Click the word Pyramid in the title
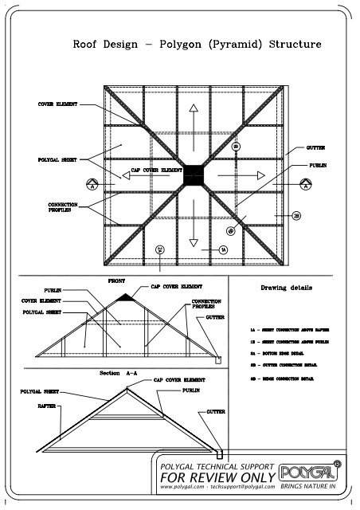click(230, 45)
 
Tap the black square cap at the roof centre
click(194, 175)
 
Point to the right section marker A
click(305, 183)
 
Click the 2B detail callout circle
click(295, 216)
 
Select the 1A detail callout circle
click(224, 249)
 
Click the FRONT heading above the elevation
click(116, 280)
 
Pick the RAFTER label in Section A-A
click(45, 406)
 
